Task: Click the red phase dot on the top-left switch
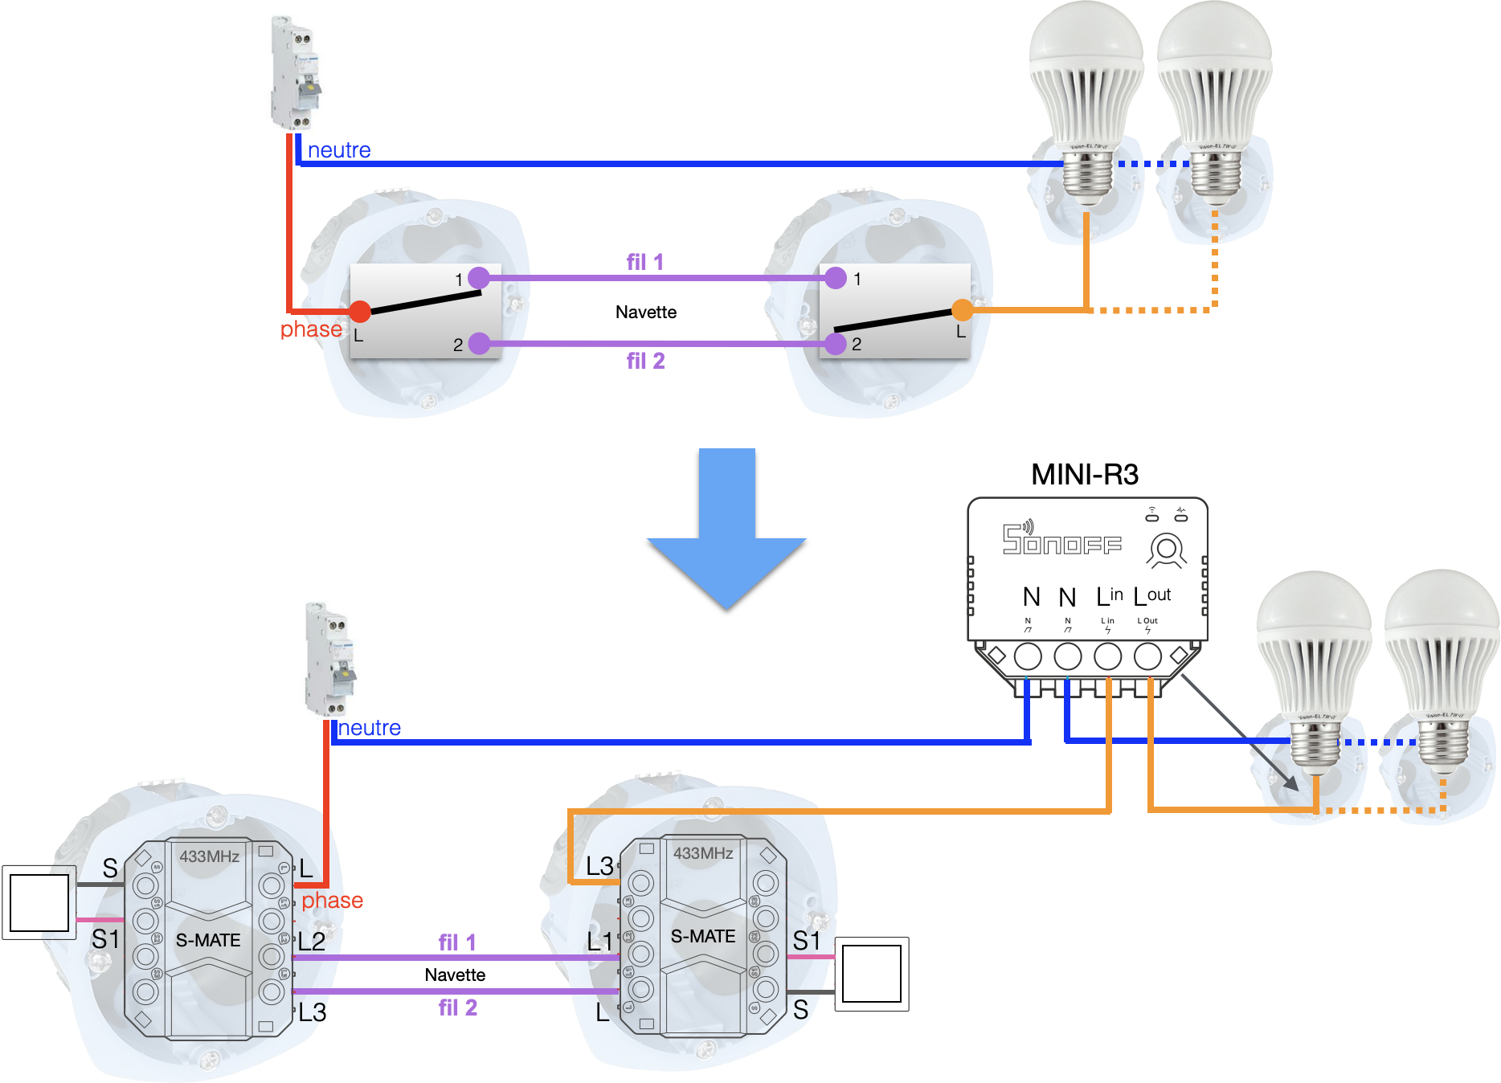coord(360,311)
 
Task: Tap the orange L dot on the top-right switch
coord(962,309)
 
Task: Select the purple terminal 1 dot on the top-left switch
coord(479,278)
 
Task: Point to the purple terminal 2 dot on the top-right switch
coord(836,344)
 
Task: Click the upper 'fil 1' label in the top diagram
coord(644,262)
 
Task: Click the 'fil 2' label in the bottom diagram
coord(457,1007)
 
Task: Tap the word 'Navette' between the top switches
coord(645,312)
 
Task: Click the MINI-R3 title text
coord(1084,474)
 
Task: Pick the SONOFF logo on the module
coord(1061,539)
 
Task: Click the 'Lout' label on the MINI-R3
coord(1151,596)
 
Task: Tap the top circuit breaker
coord(295,72)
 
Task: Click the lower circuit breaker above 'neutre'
coord(329,659)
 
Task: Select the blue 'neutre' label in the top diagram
coord(339,150)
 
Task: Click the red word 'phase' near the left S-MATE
coord(332,900)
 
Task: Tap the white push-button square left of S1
coord(39,902)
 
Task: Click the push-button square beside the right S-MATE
coord(872,974)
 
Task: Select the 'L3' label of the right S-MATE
coord(599,866)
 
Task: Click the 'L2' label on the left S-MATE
coord(312,942)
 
